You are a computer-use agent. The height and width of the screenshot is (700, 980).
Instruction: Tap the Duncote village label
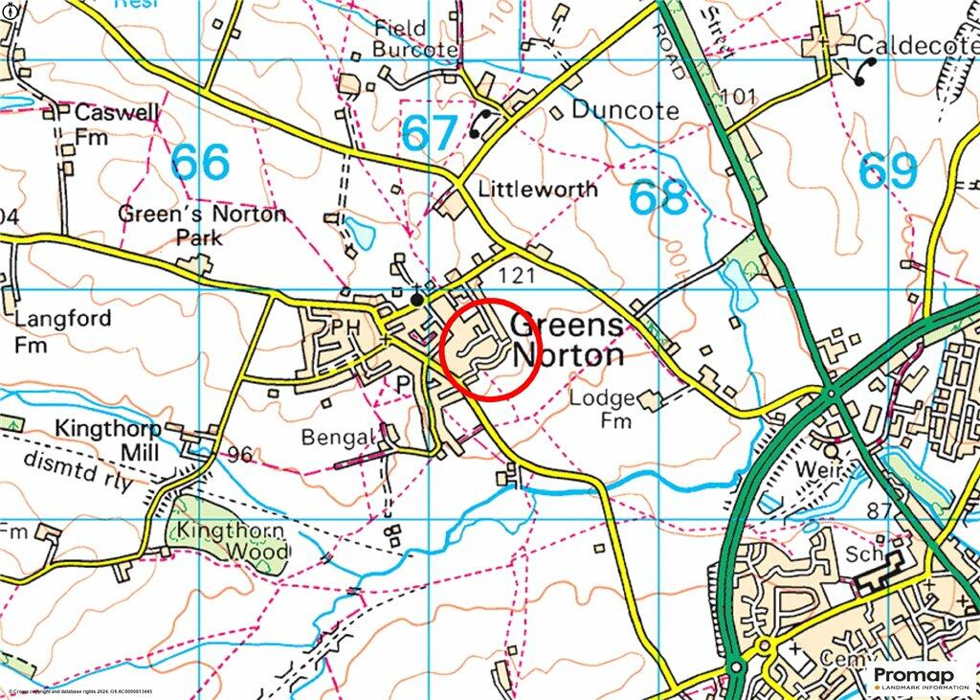tap(625, 110)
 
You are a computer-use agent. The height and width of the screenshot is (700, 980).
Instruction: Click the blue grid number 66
tap(201, 163)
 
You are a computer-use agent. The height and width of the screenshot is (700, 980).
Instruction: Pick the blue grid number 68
tap(659, 197)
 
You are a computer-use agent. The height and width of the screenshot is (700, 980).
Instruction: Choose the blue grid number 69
tap(888, 171)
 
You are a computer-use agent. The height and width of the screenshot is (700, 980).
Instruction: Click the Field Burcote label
tap(413, 38)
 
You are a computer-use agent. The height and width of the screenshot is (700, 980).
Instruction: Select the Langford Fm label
tap(62, 329)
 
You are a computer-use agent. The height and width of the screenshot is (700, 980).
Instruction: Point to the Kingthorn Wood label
tap(230, 541)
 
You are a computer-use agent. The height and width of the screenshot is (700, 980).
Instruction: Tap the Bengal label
tap(334, 438)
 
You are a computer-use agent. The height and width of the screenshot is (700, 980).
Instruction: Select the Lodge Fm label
tap(603, 409)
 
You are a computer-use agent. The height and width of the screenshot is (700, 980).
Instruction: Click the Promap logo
tap(920, 678)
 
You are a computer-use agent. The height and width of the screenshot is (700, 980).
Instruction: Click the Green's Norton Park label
tap(202, 223)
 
